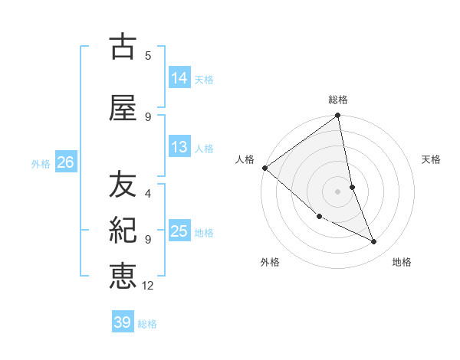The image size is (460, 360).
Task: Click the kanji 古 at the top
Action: click(x=123, y=47)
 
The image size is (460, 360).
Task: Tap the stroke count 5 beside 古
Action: click(x=148, y=55)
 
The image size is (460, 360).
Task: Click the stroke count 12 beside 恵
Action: click(x=148, y=286)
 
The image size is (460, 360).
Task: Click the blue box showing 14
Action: click(x=179, y=77)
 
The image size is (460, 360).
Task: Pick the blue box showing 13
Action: click(x=179, y=147)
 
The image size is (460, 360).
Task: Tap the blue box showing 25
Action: click(x=179, y=231)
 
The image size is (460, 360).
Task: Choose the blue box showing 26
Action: click(x=65, y=162)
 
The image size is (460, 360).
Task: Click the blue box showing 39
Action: click(x=123, y=322)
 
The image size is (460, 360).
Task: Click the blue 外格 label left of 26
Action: click(x=41, y=163)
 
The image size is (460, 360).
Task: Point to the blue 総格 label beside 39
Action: click(x=147, y=324)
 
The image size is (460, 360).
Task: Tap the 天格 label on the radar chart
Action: click(x=431, y=159)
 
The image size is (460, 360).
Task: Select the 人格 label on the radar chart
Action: click(x=245, y=159)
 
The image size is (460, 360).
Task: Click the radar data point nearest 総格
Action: click(x=338, y=116)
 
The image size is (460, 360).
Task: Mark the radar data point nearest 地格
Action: click(x=374, y=242)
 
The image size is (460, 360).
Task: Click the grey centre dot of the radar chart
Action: click(x=337, y=191)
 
